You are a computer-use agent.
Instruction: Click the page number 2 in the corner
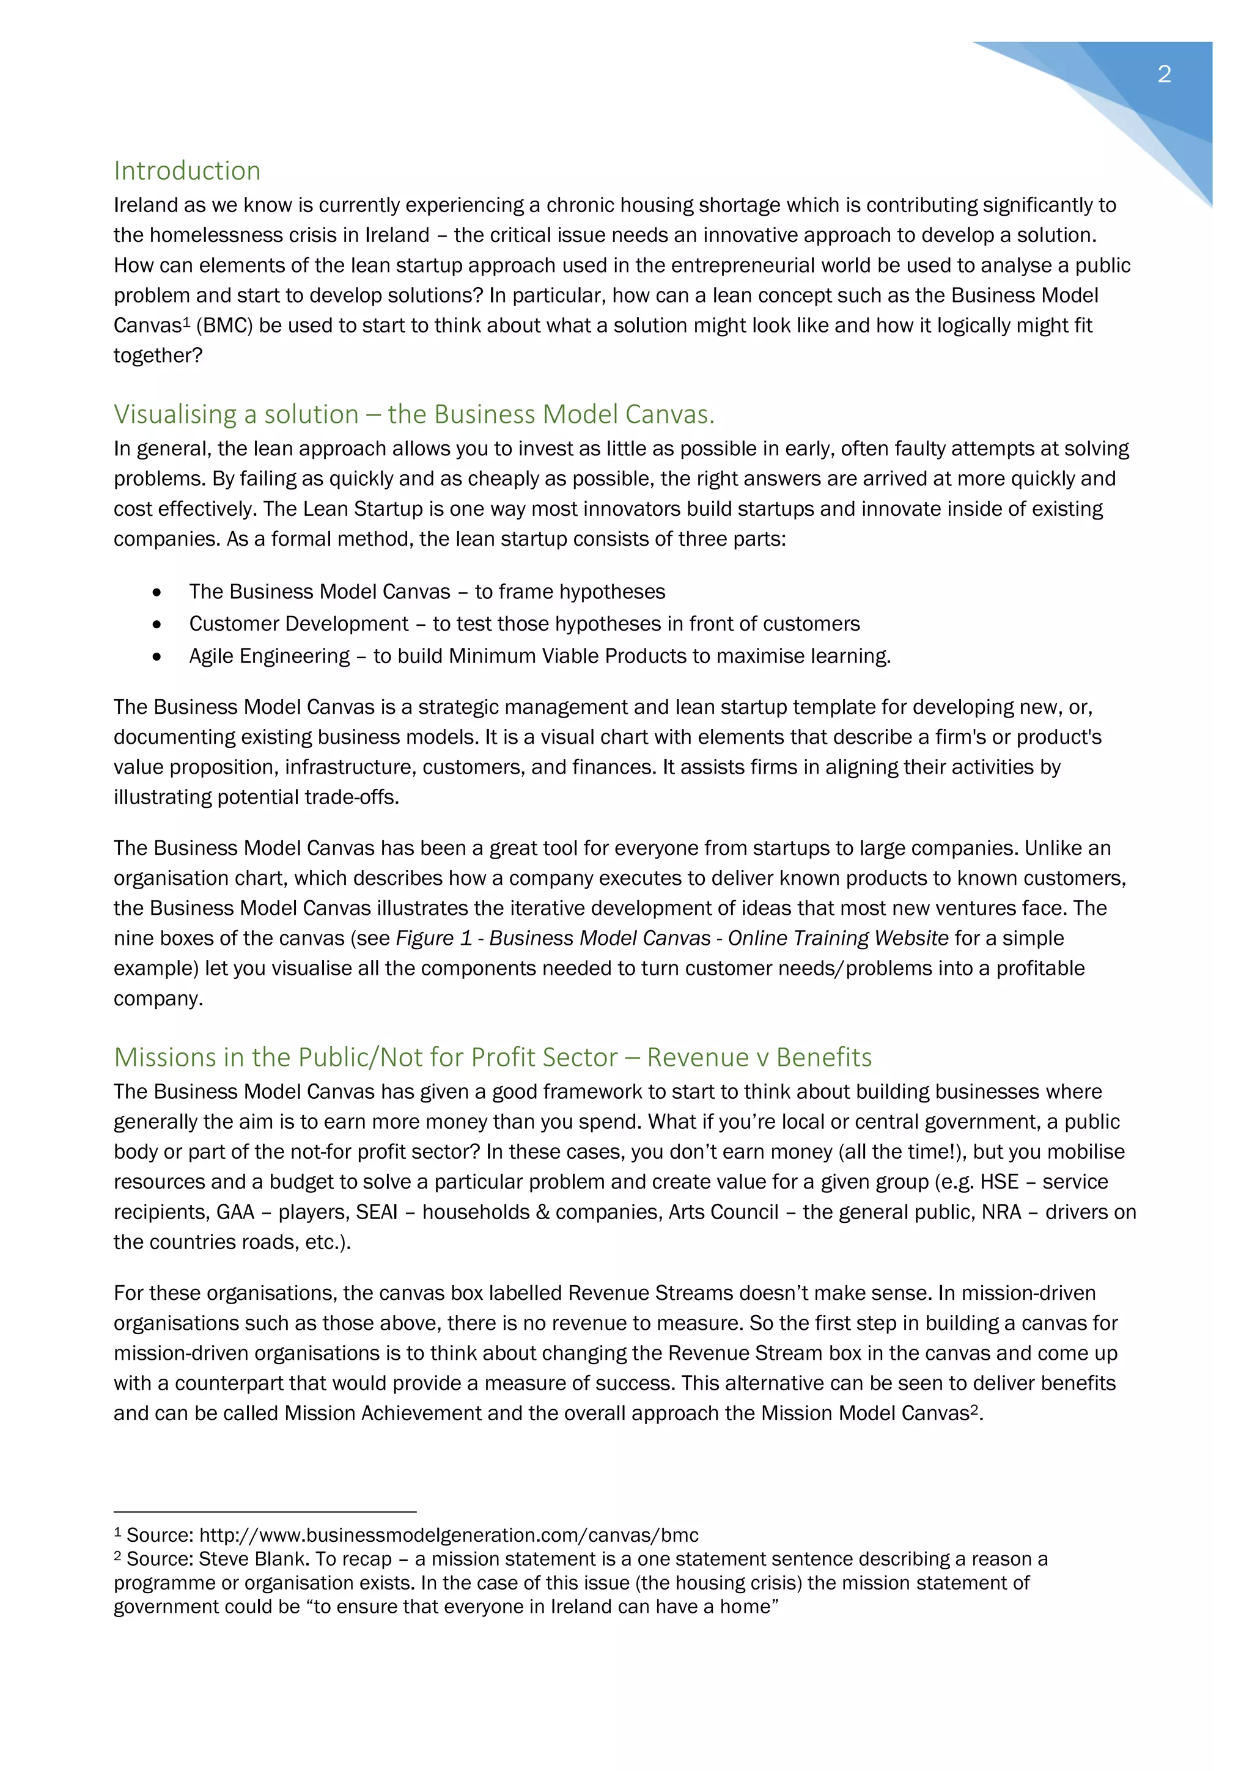[x=1164, y=74]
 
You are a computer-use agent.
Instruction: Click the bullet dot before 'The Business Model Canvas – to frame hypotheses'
[x=157, y=592]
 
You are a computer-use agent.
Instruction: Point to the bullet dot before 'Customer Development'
[x=157, y=624]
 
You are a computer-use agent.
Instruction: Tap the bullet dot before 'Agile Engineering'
[x=157, y=656]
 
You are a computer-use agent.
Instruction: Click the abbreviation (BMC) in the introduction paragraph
[x=224, y=326]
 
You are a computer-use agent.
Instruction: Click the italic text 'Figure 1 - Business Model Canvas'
[x=552, y=938]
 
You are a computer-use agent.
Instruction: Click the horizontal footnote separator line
[x=265, y=1512]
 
